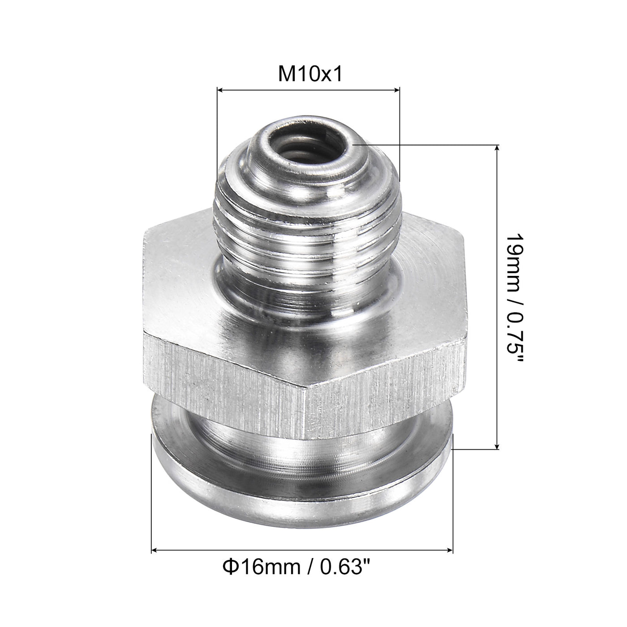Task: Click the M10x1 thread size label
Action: coord(310,74)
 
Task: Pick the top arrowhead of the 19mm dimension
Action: coord(496,148)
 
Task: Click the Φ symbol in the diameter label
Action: coord(228,568)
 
